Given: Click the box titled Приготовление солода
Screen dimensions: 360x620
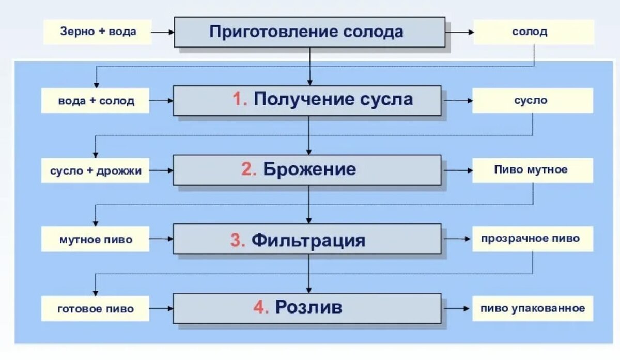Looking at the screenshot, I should coord(309,32).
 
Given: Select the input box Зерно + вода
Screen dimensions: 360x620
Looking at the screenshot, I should coord(98,32).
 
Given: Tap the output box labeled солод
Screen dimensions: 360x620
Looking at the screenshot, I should coord(533,32).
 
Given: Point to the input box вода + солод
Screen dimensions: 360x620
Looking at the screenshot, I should coord(96,101).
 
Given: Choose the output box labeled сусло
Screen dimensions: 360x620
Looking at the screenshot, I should coord(533,100).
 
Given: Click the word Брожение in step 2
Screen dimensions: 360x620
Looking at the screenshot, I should coord(309,169).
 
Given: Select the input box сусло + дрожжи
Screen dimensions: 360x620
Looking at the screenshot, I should coord(96,170).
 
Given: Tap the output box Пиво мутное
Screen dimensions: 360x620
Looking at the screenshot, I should coord(533,170).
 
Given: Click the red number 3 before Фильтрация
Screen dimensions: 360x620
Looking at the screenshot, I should coord(238,240).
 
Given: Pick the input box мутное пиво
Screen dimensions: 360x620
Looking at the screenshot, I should coord(96,240).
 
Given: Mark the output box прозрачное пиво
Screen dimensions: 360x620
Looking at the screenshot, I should coord(533,239).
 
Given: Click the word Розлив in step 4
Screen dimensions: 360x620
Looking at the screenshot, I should coord(308,307).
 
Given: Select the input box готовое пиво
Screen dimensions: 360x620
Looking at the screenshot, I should coord(96,309).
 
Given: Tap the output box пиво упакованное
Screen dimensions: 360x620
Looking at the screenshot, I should coord(533,308).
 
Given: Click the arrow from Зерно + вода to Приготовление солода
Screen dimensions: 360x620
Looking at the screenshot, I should coord(163,32).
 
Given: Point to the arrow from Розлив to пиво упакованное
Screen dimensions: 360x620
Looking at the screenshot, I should coord(457,308).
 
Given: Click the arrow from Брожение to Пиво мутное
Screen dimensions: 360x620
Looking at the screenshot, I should coord(457,170).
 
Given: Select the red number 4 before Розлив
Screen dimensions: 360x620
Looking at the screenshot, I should coord(261,307).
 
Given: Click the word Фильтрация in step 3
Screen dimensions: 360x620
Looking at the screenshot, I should coord(308,240).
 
